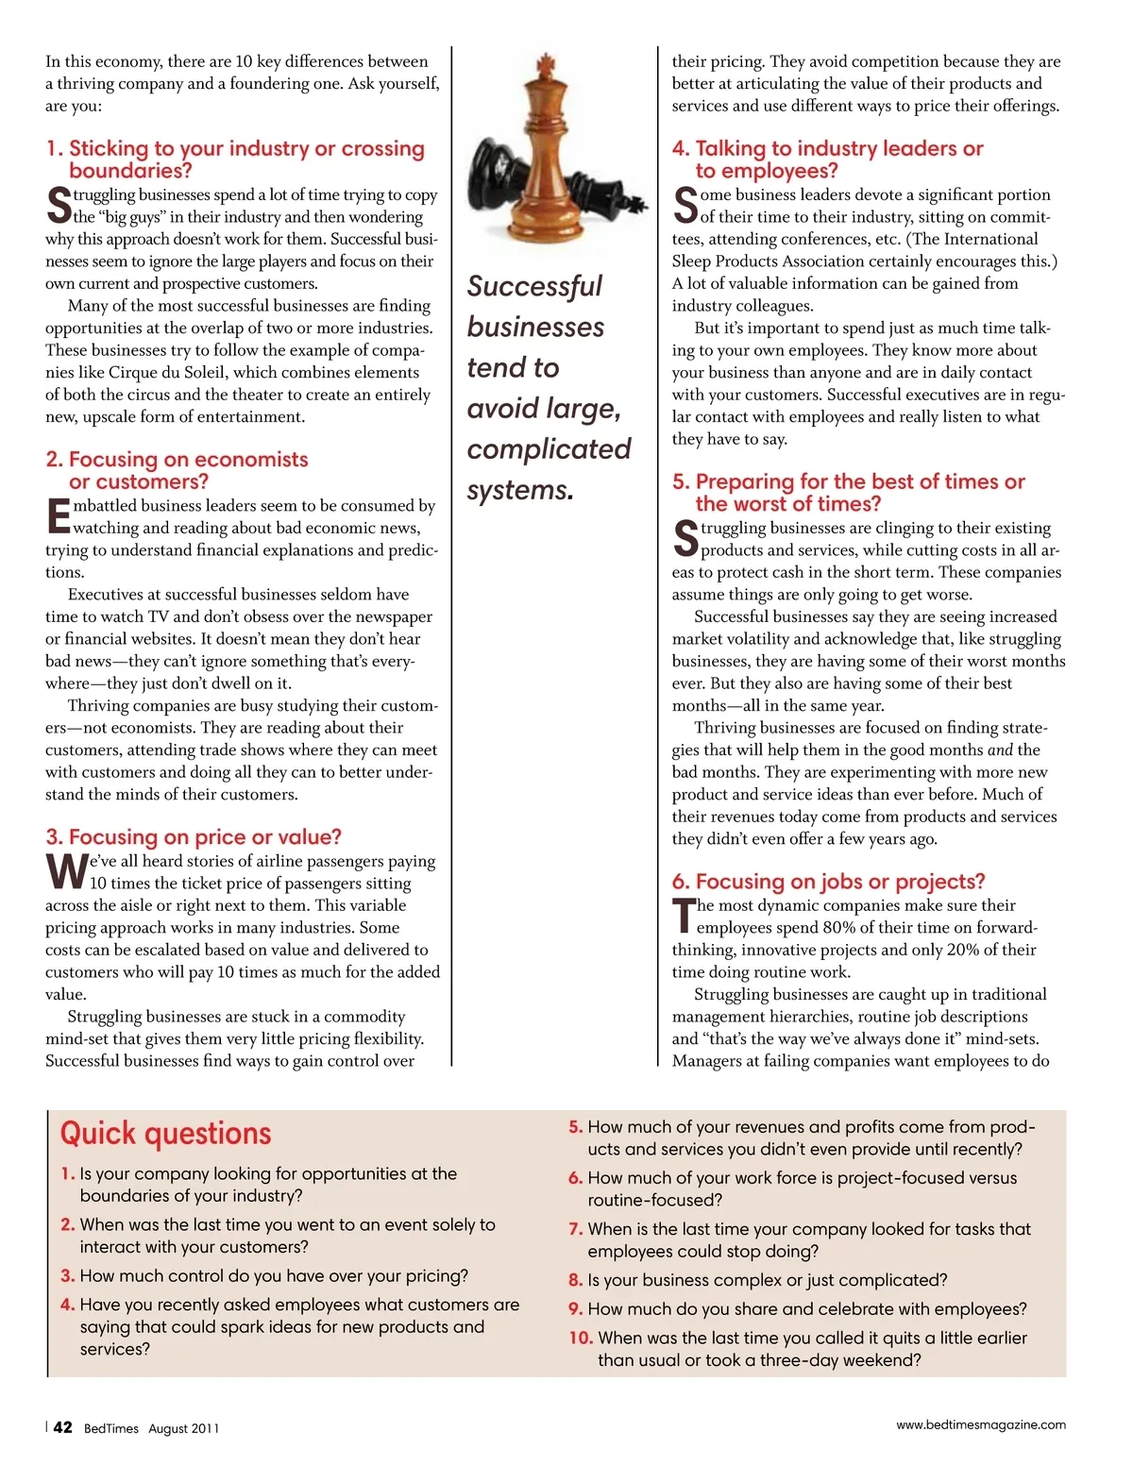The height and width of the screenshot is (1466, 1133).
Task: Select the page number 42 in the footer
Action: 62,1427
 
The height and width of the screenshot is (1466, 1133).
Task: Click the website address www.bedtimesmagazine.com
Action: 981,1424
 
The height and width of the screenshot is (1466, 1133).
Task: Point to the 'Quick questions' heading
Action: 165,1133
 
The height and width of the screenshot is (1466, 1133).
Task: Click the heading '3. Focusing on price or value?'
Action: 194,836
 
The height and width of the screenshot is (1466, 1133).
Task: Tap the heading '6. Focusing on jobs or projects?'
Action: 828,881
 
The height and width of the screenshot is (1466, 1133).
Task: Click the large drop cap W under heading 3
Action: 66,872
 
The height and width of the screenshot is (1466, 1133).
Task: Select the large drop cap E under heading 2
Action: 58,516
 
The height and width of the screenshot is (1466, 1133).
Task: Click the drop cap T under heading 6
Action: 683,917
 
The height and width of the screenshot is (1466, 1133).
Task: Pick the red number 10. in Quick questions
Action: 581,1338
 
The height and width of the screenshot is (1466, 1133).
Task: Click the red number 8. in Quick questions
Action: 575,1280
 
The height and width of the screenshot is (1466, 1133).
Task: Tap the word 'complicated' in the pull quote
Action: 549,449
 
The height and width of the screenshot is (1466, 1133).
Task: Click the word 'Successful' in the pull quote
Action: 534,286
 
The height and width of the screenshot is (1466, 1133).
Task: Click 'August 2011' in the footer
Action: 183,1428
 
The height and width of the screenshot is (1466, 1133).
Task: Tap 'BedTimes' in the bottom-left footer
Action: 111,1428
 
